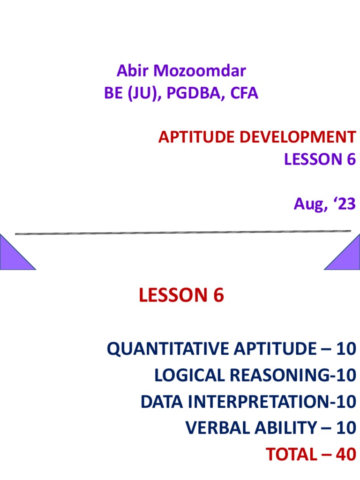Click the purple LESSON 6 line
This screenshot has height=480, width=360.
pyautogui.click(x=320, y=159)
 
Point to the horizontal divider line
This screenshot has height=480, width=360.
pyautogui.click(x=183, y=232)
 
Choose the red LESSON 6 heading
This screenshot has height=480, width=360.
pyautogui.click(x=181, y=295)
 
